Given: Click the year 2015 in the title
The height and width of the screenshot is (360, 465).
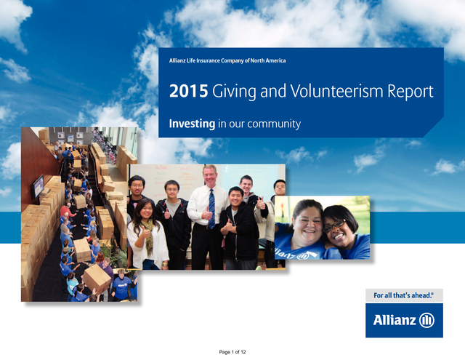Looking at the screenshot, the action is pyautogui.click(x=188, y=91).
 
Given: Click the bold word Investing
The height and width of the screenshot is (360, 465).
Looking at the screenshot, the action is pyautogui.click(x=192, y=124).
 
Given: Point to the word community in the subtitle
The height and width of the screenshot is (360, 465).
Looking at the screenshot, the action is pyautogui.click(x=274, y=124).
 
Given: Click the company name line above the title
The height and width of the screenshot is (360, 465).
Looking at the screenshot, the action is pyautogui.click(x=227, y=60).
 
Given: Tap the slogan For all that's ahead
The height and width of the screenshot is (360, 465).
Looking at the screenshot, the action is pyautogui.click(x=403, y=295).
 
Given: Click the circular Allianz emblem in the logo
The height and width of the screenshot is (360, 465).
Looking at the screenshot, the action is pyautogui.click(x=426, y=320).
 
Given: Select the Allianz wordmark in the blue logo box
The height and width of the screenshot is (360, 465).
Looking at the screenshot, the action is pyautogui.click(x=395, y=320).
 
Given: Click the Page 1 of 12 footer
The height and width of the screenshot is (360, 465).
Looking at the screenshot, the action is pyautogui.click(x=232, y=352).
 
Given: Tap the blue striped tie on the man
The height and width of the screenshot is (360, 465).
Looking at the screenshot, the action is pyautogui.click(x=211, y=209).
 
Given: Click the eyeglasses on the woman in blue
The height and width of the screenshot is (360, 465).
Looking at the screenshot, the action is pyautogui.click(x=333, y=225).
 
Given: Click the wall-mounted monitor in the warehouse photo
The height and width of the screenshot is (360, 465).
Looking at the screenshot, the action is pyautogui.click(x=39, y=186).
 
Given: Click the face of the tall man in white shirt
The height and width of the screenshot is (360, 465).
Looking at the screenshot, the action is pyautogui.click(x=210, y=177).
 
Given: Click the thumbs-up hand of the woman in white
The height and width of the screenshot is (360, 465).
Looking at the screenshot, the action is pyautogui.click(x=145, y=233).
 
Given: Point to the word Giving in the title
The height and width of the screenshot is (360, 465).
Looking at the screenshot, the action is pyautogui.click(x=234, y=92).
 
